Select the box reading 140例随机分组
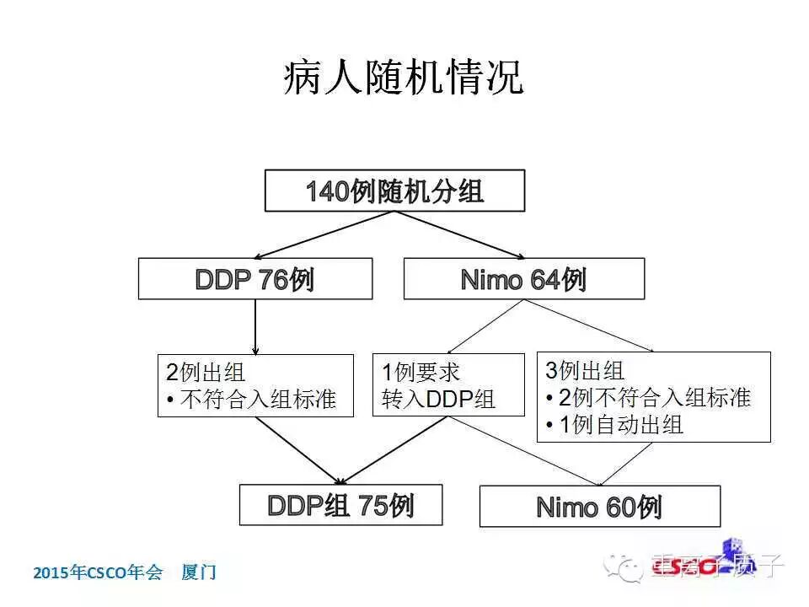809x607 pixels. (394, 191)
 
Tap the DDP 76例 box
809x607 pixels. (254, 279)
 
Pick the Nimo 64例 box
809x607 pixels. (523, 279)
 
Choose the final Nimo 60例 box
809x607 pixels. (599, 507)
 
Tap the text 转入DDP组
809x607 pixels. (438, 400)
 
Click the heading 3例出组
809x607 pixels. (585, 371)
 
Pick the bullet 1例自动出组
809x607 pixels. (613, 425)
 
